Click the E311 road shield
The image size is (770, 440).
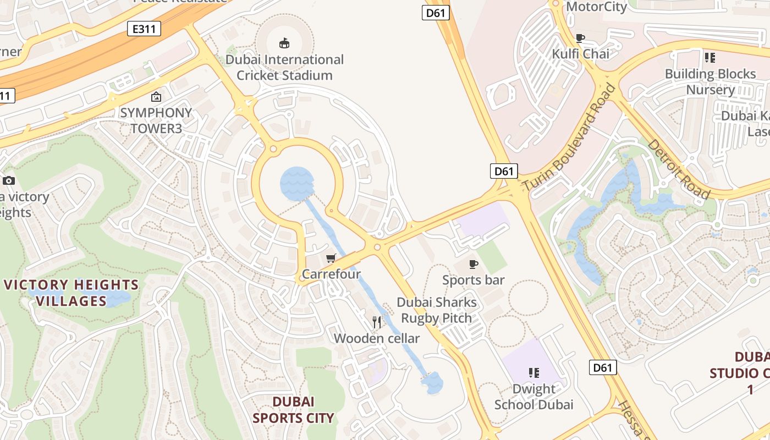point(144,29)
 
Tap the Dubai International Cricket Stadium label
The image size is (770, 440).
point(284,67)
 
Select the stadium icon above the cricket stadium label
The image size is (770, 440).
point(284,43)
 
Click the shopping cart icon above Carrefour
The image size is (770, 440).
point(331,258)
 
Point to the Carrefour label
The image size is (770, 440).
point(331,274)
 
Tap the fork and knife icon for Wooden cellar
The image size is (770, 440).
point(377,322)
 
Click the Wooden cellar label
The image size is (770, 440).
point(377,338)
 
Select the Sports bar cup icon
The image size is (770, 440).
point(473,265)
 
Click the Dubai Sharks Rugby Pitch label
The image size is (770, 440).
point(437,310)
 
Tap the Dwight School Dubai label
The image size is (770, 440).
point(533,397)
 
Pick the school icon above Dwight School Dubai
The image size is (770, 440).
point(533,373)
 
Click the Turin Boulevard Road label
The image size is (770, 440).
point(569,137)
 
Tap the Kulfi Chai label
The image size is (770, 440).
point(581,54)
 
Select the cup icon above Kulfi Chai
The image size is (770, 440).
point(580,38)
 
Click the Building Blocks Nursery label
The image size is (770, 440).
point(710,81)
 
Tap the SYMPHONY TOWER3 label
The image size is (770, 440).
point(156,120)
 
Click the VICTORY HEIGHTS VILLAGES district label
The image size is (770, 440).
point(71,293)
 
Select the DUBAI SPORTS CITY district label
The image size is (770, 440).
point(293,410)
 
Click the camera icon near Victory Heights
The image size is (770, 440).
point(9,180)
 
